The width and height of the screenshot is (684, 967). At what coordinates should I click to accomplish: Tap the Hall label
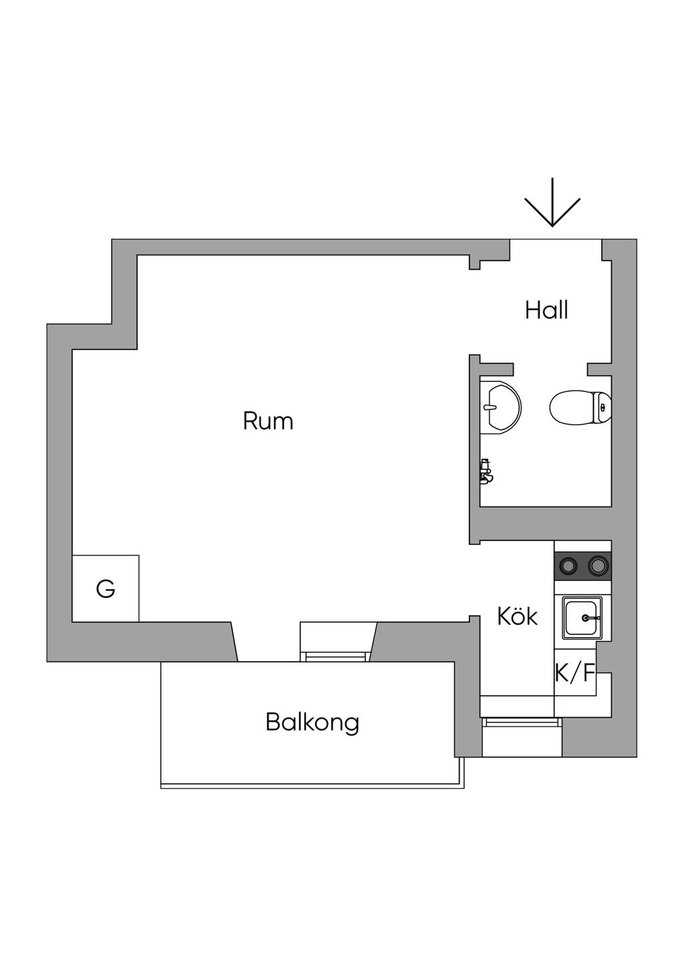(546, 311)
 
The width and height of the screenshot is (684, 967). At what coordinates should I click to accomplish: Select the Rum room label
(268, 421)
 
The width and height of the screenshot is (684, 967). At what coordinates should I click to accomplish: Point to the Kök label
(517, 616)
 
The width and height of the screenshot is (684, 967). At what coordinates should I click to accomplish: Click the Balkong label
(312, 722)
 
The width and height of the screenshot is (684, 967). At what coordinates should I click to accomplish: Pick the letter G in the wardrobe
(106, 589)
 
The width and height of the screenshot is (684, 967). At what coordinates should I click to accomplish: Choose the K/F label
(575, 672)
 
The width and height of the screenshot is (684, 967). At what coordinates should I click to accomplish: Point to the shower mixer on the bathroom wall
(486, 471)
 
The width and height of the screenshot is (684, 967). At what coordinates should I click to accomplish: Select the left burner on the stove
(568, 566)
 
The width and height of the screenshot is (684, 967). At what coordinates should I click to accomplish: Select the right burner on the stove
(598, 566)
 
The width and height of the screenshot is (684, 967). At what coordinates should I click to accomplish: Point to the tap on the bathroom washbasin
(490, 407)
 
